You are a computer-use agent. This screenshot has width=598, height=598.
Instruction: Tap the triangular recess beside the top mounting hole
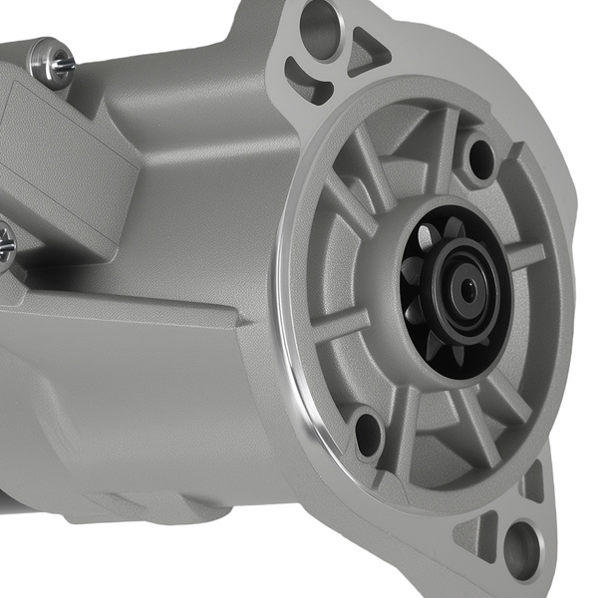click(x=370, y=50)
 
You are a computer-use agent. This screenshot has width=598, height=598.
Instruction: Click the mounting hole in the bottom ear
click(x=520, y=549)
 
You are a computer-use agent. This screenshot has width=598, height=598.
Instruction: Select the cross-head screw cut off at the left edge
click(x=5, y=243)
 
